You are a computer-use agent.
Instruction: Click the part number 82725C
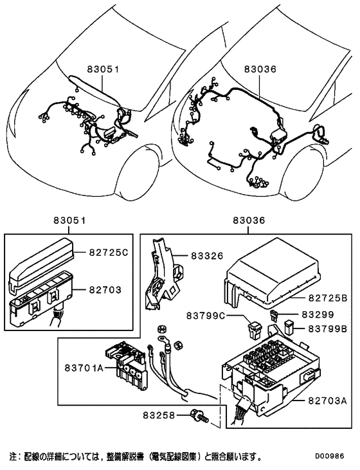(x=108, y=253)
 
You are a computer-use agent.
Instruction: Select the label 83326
(x=205, y=255)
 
